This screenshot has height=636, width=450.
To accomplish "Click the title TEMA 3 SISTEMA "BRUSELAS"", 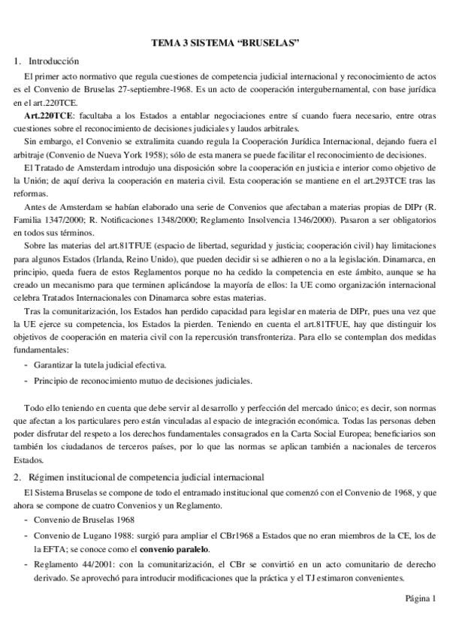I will (x=225, y=44).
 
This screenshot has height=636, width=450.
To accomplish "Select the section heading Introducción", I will (x=53, y=61).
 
